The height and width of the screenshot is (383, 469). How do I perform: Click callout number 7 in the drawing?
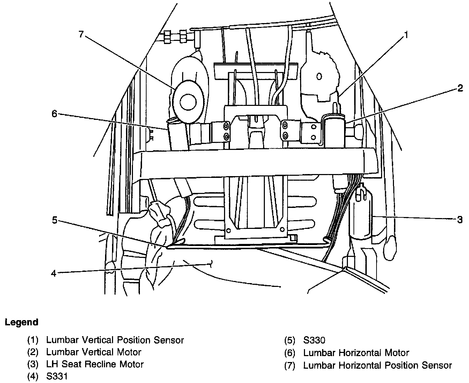point(81,35)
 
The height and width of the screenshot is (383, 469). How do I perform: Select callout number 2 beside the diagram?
point(461,88)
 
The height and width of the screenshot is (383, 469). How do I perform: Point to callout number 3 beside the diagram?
point(460,220)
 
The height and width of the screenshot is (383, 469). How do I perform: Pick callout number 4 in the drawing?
point(53,273)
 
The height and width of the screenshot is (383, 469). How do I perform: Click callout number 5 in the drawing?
point(54,220)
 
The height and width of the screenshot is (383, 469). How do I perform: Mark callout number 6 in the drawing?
point(54,114)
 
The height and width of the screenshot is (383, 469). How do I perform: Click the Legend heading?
point(21,322)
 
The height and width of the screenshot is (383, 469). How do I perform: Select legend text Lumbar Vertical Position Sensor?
point(115,340)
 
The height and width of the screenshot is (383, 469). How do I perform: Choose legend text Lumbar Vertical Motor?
point(94,352)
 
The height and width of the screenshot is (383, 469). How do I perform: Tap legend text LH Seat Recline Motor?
point(95,364)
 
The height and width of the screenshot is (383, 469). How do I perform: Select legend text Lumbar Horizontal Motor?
point(356,353)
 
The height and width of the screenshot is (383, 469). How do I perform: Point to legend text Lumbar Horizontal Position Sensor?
point(377,366)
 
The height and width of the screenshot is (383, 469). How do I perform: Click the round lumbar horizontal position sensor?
point(188,101)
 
